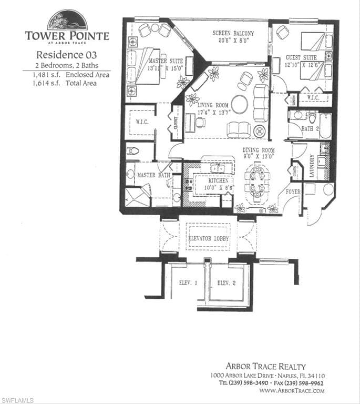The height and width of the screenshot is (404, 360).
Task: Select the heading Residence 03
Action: [67, 54]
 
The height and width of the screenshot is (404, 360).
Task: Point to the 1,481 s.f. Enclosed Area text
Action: [66, 75]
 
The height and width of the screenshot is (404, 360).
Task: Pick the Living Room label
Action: [213, 106]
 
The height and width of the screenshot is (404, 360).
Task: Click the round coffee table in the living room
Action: [240, 104]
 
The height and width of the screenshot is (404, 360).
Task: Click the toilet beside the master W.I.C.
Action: [133, 151]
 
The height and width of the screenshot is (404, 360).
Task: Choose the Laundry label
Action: [312, 166]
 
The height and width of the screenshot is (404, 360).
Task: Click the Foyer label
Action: [293, 192]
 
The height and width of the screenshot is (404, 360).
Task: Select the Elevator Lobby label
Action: [209, 238]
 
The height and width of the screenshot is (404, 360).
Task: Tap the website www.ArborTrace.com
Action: [292, 391]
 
